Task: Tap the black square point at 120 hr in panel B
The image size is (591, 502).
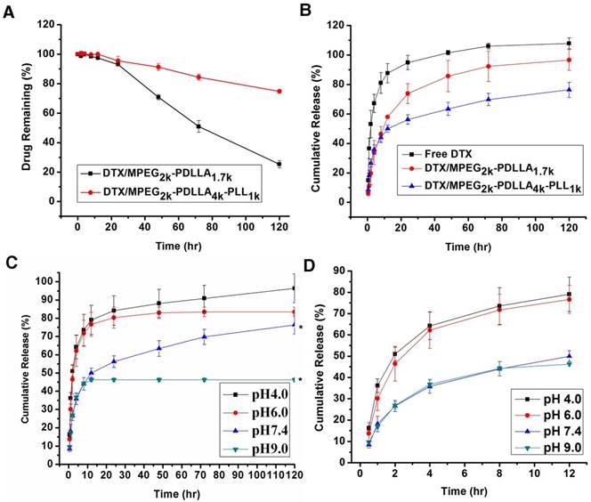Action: point(568,43)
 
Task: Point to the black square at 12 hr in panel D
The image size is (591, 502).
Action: point(568,294)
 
